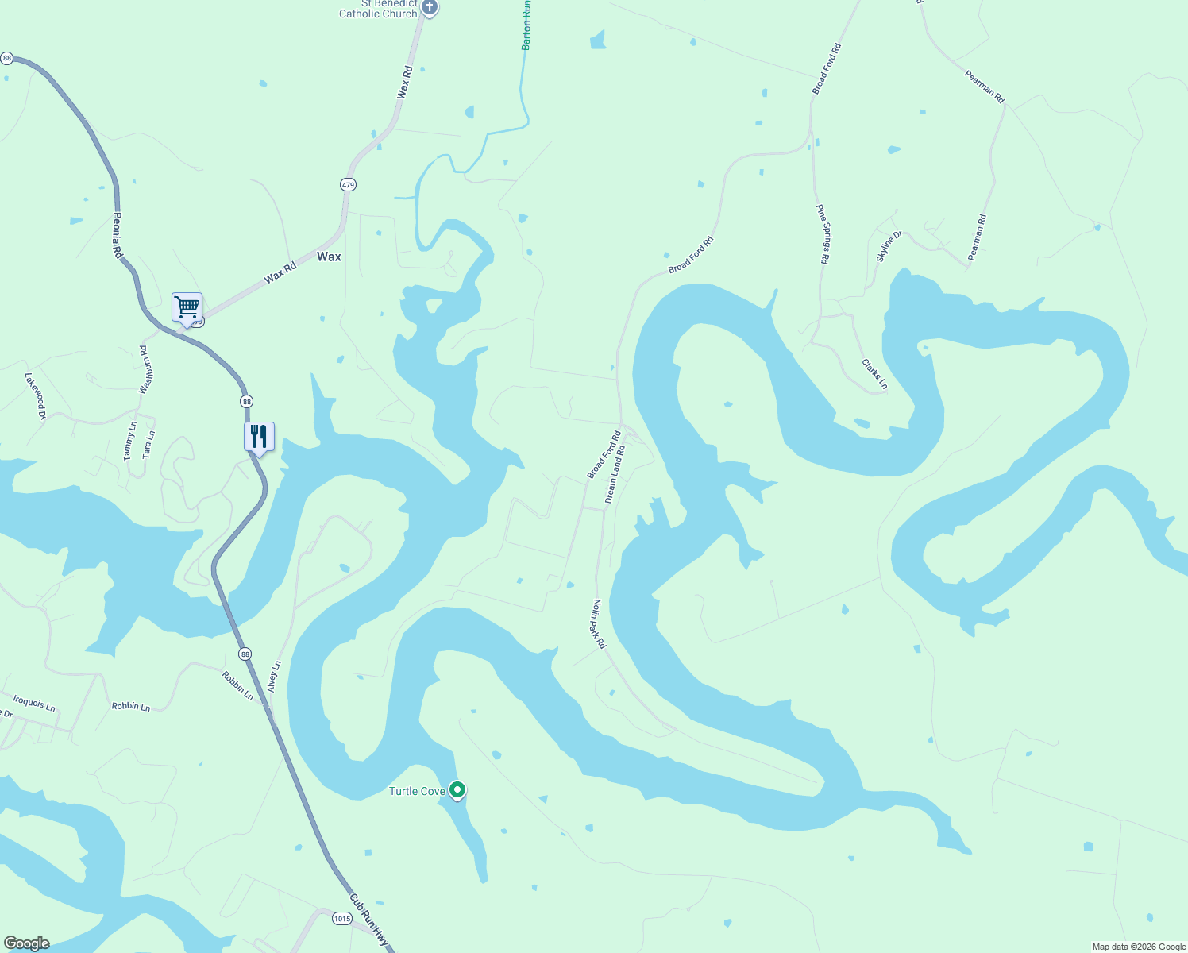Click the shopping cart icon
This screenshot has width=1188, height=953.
[x=187, y=307]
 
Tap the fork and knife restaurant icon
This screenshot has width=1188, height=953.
[x=259, y=436]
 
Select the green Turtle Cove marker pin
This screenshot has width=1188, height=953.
[x=457, y=790]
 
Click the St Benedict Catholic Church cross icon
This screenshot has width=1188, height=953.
[x=430, y=8]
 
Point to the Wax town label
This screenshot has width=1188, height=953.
[x=329, y=257]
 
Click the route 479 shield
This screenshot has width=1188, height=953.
[x=348, y=184]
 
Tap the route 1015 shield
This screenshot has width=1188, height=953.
[x=341, y=919]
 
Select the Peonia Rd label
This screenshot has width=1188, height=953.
[x=117, y=235]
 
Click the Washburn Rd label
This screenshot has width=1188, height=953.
[x=145, y=369]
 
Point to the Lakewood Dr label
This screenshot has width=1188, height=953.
[x=36, y=395]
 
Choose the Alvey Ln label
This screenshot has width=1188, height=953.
[x=274, y=676]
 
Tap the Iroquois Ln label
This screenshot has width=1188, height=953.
[x=34, y=703]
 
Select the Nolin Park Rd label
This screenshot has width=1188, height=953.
[x=598, y=624]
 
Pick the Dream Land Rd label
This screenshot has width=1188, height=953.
[x=615, y=474]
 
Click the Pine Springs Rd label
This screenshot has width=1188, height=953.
[x=823, y=233]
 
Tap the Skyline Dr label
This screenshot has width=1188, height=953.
[x=889, y=247]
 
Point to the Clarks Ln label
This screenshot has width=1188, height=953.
[x=874, y=374]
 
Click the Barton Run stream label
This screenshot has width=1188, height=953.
[x=526, y=25]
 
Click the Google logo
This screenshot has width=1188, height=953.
[x=26, y=943]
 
